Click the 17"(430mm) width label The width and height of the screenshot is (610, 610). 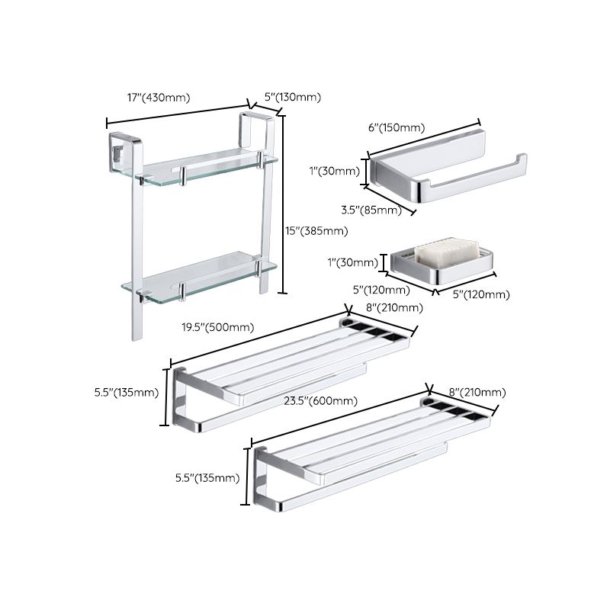pyautogui.click(x=159, y=98)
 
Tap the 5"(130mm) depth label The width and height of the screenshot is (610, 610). pyautogui.click(x=292, y=98)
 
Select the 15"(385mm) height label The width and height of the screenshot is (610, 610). pyautogui.click(x=317, y=230)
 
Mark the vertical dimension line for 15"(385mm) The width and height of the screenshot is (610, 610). pyautogui.click(x=284, y=204)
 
